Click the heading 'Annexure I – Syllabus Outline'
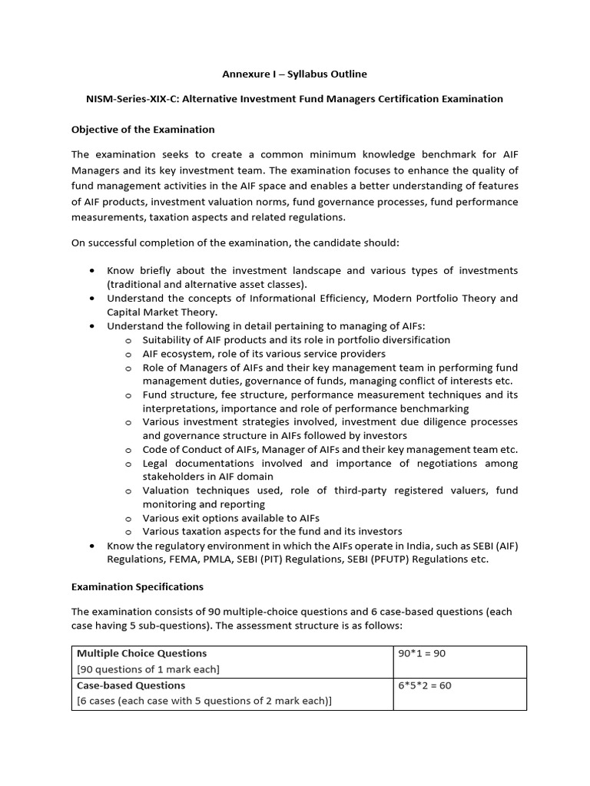click(x=294, y=74)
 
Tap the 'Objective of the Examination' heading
click(x=143, y=129)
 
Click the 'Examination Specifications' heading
click(x=138, y=586)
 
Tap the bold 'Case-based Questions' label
click(x=131, y=685)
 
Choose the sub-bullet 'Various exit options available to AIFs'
click(x=230, y=517)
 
